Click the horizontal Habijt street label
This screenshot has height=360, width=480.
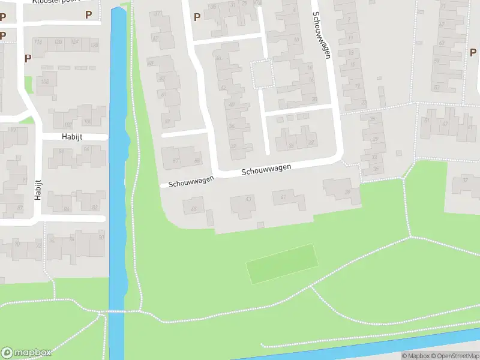pyautogui.click(x=71, y=137)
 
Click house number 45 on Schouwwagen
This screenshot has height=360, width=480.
pyautogui.click(x=193, y=209)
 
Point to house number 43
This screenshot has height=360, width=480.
pyautogui.click(x=248, y=199)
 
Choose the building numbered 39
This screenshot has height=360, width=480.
pyautogui.click(x=347, y=191)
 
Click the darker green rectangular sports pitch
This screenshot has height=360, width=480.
pyautogui.click(x=282, y=265)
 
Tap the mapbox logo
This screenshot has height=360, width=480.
pyautogui.click(x=26, y=352)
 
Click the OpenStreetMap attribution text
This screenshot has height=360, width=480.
pyautogui.click(x=452, y=356)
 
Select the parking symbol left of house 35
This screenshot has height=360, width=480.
pyautogui.click(x=197, y=16)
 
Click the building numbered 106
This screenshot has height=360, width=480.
pyautogui.click(x=45, y=82)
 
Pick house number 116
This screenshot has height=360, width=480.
pyautogui.click(x=38, y=41)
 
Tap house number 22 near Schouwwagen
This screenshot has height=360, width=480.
pyautogui.click(x=311, y=142)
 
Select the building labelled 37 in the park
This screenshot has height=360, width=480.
pyautogui.click(x=464, y=180)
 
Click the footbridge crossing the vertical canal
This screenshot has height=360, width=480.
pyautogui.click(x=116, y=312)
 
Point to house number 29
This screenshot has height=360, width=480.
pyautogui.click(x=376, y=139)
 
